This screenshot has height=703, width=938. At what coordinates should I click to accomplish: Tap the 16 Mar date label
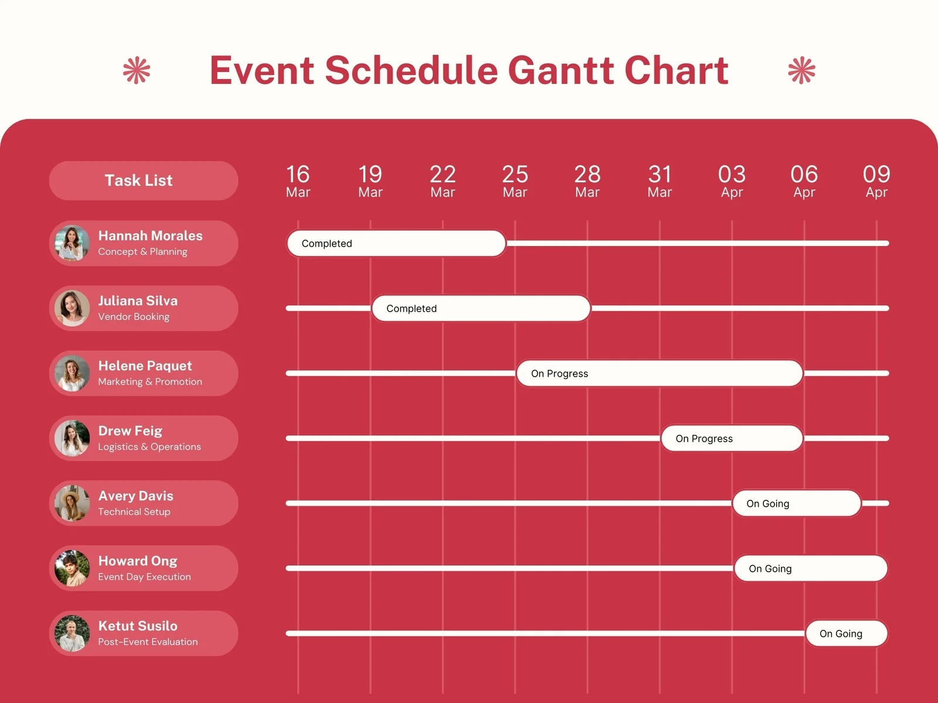point(298,182)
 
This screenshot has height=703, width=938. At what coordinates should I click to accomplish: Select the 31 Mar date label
point(660,182)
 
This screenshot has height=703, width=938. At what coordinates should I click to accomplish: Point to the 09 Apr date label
point(876,182)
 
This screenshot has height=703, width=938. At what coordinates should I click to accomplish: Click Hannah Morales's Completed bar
point(396,243)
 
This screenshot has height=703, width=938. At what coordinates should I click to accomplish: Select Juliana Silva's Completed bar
point(481,308)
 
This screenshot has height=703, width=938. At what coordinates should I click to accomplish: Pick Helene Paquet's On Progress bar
point(660,373)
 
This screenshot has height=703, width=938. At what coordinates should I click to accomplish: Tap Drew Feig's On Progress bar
point(732,438)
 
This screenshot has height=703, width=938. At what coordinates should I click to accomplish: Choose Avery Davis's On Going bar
point(797,503)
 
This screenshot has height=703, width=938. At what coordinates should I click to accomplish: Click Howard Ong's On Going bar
point(811,568)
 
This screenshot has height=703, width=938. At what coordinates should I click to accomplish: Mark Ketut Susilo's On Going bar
point(847,633)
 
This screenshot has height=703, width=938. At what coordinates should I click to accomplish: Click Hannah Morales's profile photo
point(72,243)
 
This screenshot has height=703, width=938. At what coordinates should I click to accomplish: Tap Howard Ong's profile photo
point(72,568)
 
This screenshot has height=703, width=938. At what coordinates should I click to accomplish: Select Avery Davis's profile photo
point(72,503)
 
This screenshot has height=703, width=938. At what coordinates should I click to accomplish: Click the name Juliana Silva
point(138,301)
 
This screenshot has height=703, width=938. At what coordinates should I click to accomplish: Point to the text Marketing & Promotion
point(150,381)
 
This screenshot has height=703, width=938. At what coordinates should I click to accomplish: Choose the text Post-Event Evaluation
point(148,641)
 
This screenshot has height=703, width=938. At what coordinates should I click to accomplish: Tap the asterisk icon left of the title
point(137,70)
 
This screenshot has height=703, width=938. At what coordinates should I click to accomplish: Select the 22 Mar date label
point(443,182)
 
